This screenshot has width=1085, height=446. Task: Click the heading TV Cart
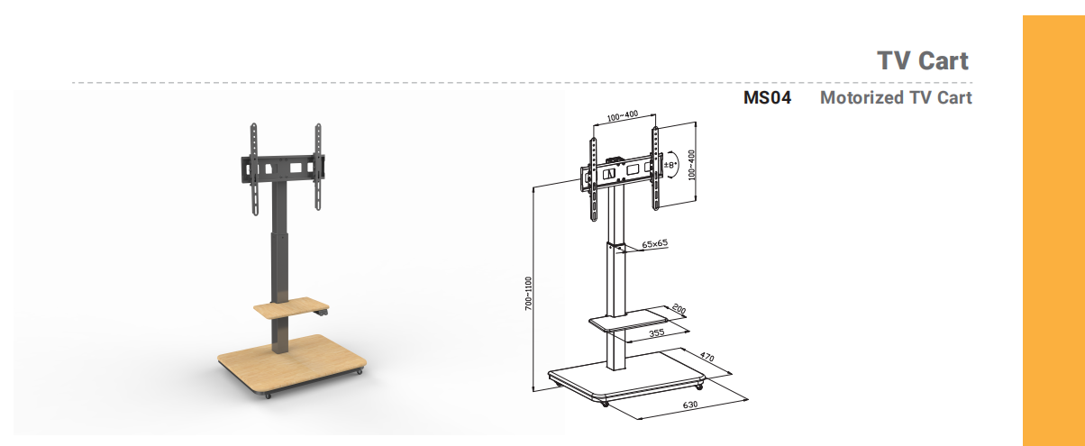pyautogui.click(x=922, y=61)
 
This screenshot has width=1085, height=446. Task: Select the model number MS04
pyautogui.click(x=767, y=98)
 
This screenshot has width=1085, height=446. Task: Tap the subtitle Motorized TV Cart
pyautogui.click(x=896, y=98)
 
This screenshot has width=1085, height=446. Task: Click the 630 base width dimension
pyautogui.click(x=690, y=405)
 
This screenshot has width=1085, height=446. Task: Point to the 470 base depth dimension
pyautogui.click(x=707, y=357)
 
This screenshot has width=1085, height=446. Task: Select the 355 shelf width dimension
pyautogui.click(x=656, y=332)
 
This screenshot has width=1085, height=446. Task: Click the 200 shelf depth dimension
pyautogui.click(x=679, y=309)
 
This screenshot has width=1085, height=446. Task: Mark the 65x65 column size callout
pyautogui.click(x=654, y=243)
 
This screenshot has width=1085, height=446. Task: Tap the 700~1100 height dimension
pyautogui.click(x=528, y=294)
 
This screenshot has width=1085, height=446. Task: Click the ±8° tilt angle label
pyautogui.click(x=670, y=165)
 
